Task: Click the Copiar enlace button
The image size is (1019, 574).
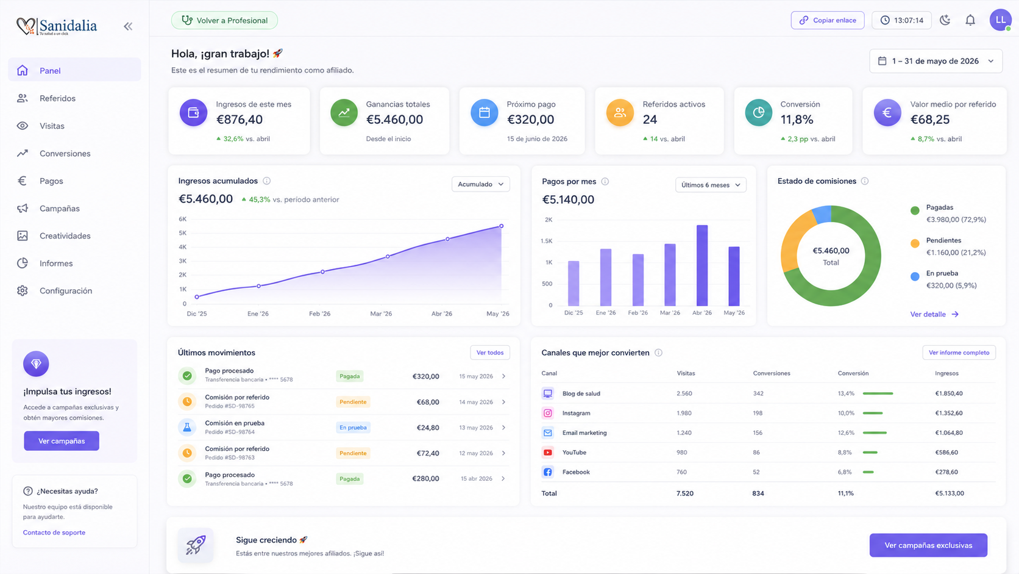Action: coord(828,21)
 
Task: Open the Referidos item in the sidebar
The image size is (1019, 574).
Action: coord(57,98)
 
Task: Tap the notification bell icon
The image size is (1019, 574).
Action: coord(970,21)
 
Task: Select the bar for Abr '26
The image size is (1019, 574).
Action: coord(702,265)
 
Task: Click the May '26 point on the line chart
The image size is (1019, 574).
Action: coord(502,226)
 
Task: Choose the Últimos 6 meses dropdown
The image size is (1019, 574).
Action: coord(711,185)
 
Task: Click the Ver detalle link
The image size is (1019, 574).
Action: coord(934,314)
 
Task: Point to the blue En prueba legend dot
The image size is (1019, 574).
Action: coord(915,277)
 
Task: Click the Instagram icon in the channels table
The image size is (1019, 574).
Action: coord(548,413)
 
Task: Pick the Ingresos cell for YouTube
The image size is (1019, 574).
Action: coord(946,453)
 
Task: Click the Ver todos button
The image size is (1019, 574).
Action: coord(490,353)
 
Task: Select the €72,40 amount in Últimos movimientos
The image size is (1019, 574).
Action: coord(428,453)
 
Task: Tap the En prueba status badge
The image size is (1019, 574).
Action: coord(353,428)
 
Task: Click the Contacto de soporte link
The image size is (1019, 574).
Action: coord(54,532)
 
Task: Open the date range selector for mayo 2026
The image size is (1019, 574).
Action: coord(936,61)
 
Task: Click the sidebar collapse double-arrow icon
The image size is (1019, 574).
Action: coord(128,26)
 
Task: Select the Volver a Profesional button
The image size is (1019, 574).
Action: coord(224,21)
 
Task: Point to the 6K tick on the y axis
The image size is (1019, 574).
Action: coord(182,219)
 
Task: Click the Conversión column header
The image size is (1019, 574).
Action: coord(853,373)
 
